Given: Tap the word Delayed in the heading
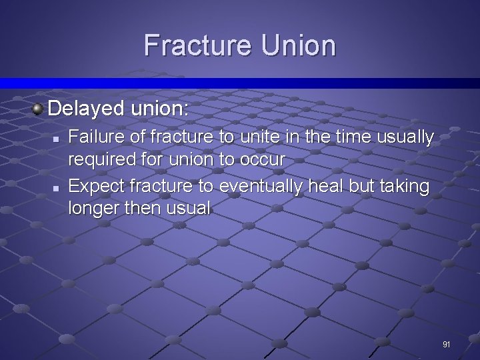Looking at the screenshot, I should (x=86, y=107).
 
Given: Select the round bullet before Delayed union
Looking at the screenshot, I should (x=39, y=107).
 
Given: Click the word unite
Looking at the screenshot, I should (x=257, y=137).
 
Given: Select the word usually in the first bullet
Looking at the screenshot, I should (x=405, y=137).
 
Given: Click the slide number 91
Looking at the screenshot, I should (x=446, y=345).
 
